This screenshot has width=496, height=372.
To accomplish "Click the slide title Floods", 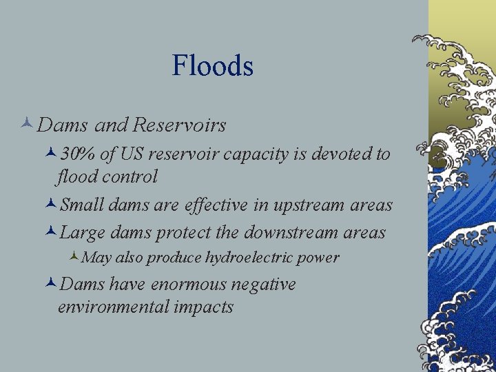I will coord(213,66).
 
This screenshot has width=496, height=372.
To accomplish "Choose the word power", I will coord(322,258).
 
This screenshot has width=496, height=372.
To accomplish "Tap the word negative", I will coord(265,284).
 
